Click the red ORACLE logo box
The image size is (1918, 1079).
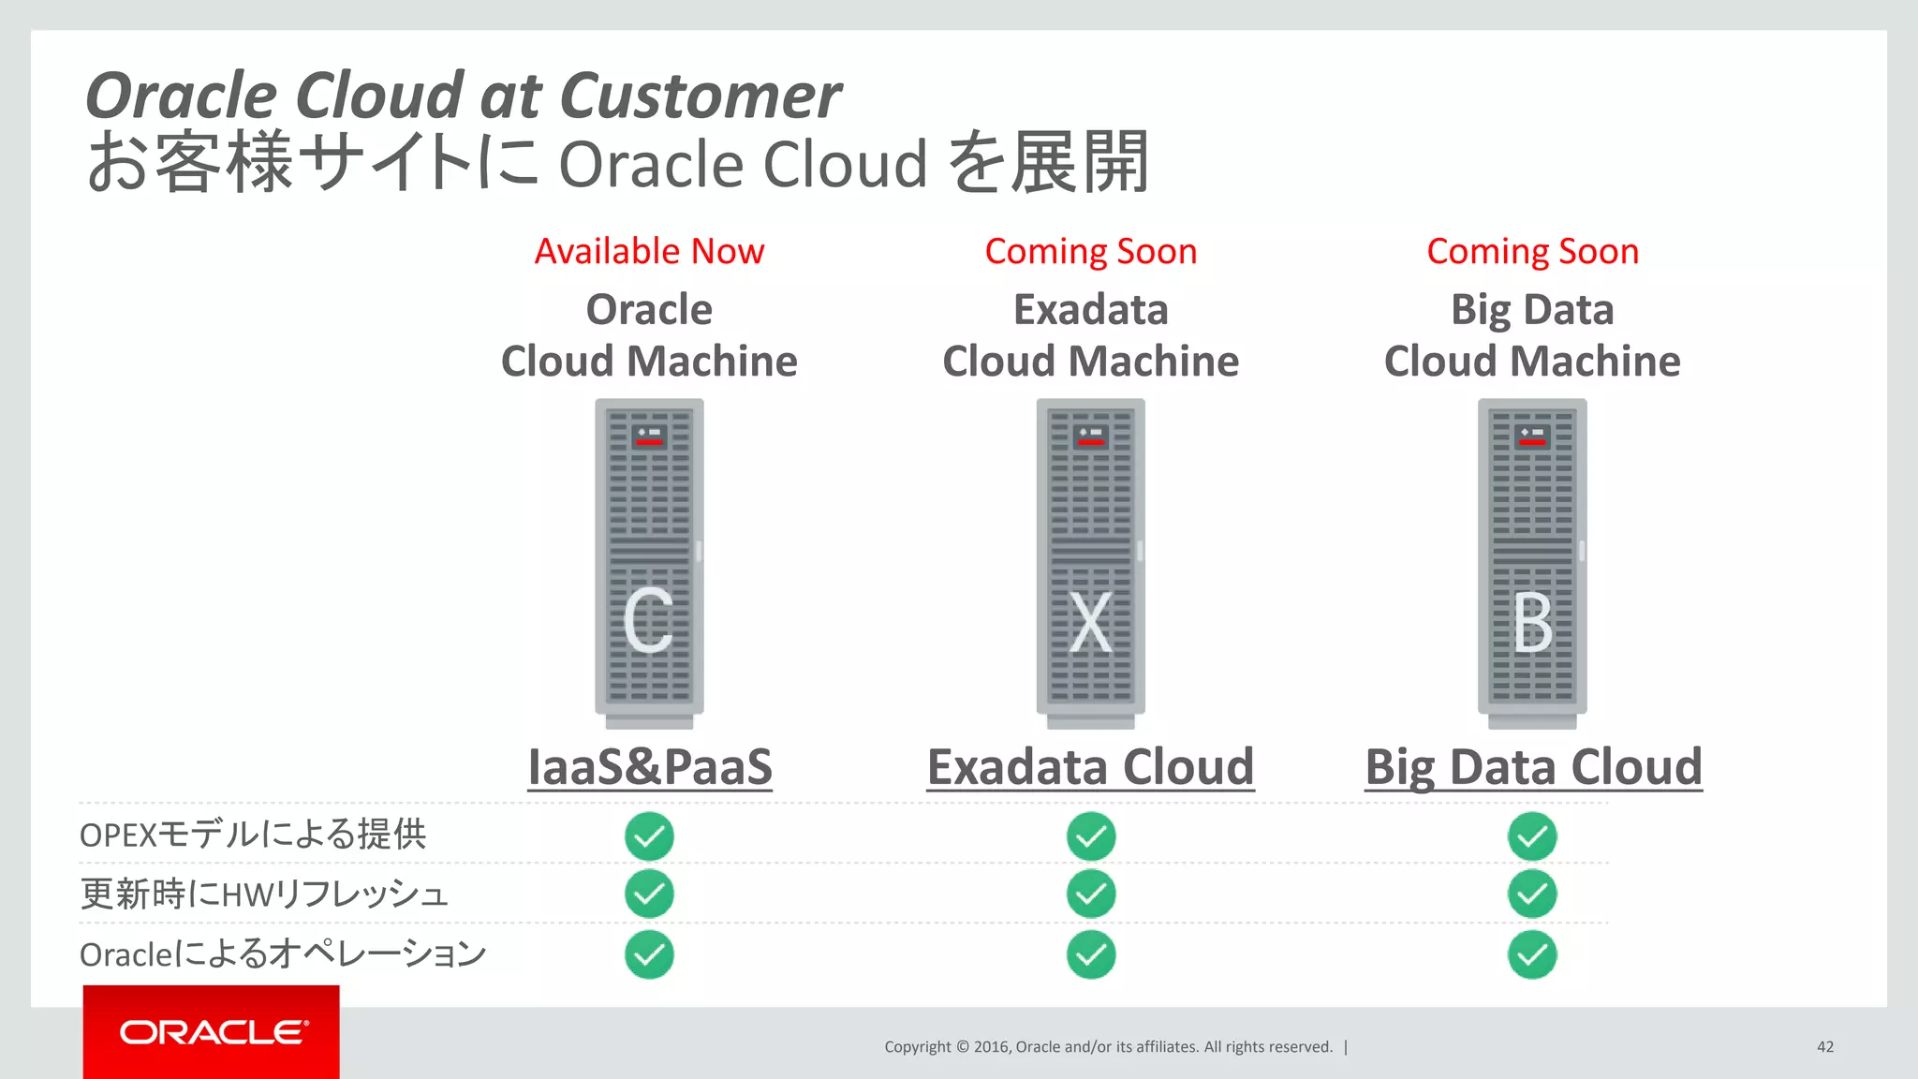211,1031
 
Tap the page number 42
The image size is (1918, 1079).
1824,1046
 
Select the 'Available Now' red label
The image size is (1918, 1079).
649,251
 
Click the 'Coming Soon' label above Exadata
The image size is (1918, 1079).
1090,251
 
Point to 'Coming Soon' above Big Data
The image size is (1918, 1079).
1532,251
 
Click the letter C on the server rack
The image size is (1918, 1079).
648,621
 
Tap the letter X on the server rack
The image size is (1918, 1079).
1090,621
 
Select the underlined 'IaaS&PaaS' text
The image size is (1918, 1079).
650,767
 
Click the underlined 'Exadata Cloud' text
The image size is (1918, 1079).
1090,767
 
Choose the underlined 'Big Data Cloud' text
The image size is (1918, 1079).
1533,767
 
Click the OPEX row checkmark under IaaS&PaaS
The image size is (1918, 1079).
649,836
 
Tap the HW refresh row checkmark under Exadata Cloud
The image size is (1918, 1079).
1090,894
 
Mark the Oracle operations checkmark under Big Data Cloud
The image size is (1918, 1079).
1532,954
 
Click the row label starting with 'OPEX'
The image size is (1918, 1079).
253,835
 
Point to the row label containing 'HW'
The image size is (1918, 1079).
264,894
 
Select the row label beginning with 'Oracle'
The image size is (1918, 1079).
283,954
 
